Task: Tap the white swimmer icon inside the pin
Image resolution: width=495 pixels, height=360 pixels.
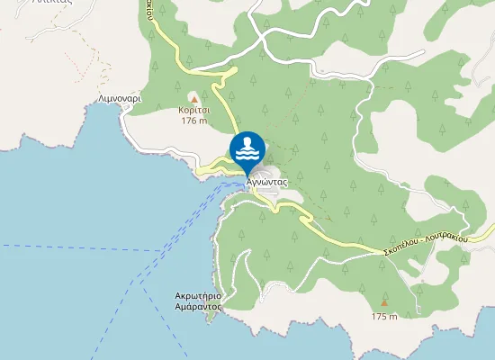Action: [247, 145]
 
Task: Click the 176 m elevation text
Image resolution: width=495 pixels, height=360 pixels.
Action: [193, 121]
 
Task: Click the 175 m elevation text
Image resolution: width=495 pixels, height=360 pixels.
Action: [384, 316]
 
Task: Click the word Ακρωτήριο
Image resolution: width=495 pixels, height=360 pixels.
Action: [198, 295]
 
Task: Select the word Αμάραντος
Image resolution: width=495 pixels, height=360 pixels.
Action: [198, 306]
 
